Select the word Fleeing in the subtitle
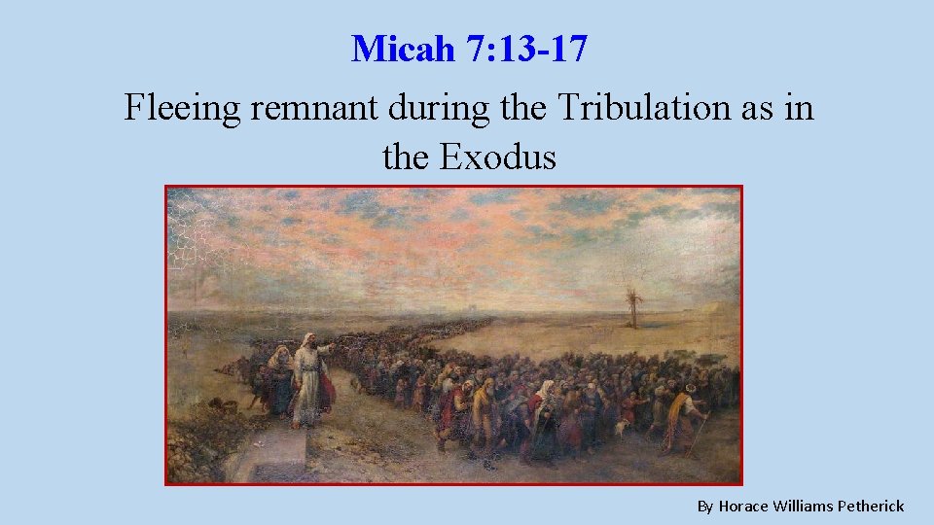pyautogui.click(x=182, y=108)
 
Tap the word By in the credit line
pyautogui.click(x=705, y=506)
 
